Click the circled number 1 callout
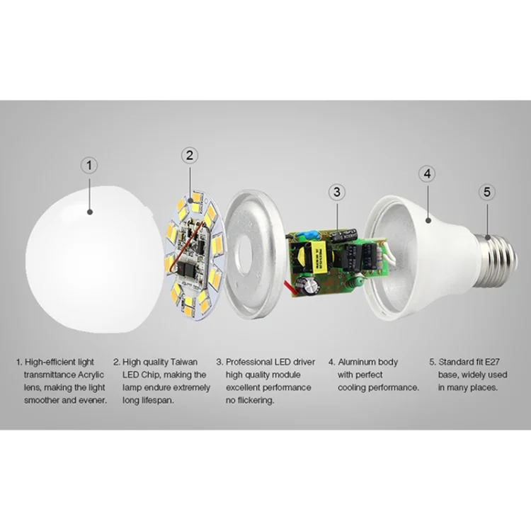tap(89, 166)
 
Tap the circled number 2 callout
tap(190, 156)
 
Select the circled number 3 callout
tap(337, 192)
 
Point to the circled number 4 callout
tap(427, 173)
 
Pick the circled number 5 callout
tap(487, 192)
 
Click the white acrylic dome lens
tap(95, 259)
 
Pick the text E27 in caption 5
tap(492, 362)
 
